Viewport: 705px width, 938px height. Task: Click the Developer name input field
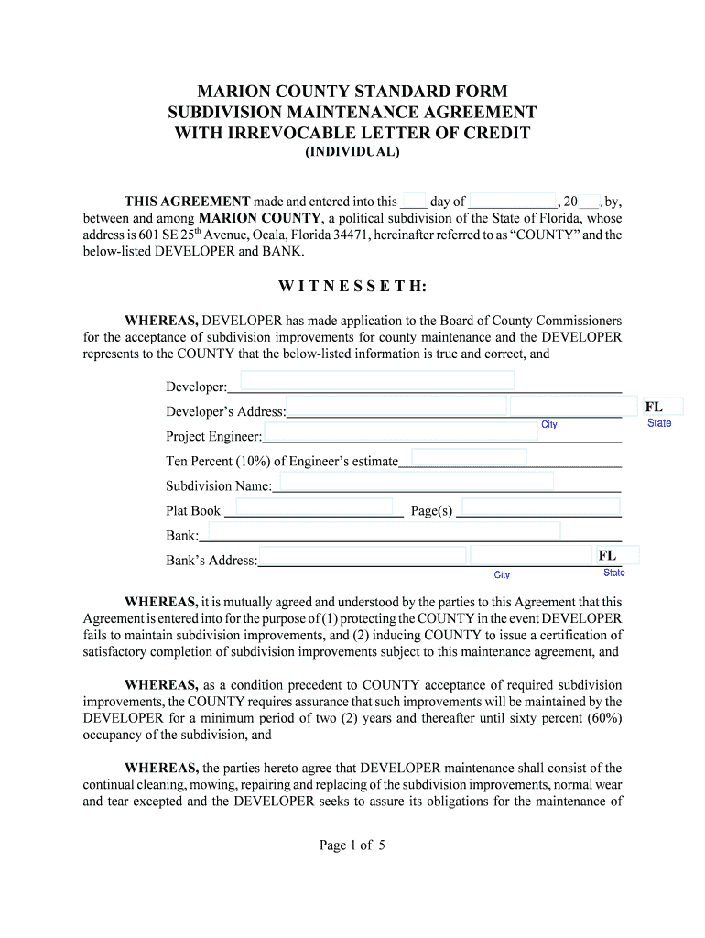pos(377,381)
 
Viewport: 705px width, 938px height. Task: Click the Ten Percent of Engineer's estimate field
pos(469,457)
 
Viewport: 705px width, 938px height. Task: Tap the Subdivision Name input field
pos(413,482)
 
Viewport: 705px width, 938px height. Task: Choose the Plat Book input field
pos(314,507)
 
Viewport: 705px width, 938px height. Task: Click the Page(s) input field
pos(540,507)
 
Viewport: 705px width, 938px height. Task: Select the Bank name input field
pos(385,531)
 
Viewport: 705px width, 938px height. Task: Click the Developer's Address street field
pos(396,406)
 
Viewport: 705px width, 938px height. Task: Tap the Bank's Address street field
pos(363,555)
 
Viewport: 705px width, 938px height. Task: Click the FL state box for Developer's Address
pos(661,407)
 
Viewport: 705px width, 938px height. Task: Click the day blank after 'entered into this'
pos(414,202)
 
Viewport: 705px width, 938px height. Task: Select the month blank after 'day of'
pos(513,202)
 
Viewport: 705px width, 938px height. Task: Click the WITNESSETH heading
pos(352,287)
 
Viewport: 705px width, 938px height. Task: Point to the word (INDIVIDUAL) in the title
pos(352,152)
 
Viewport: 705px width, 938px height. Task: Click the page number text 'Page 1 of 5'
pos(352,845)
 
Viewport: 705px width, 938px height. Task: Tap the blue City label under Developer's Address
pos(549,425)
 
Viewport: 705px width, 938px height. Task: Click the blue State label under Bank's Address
pos(613,573)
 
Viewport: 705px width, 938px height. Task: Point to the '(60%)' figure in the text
pos(602,718)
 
